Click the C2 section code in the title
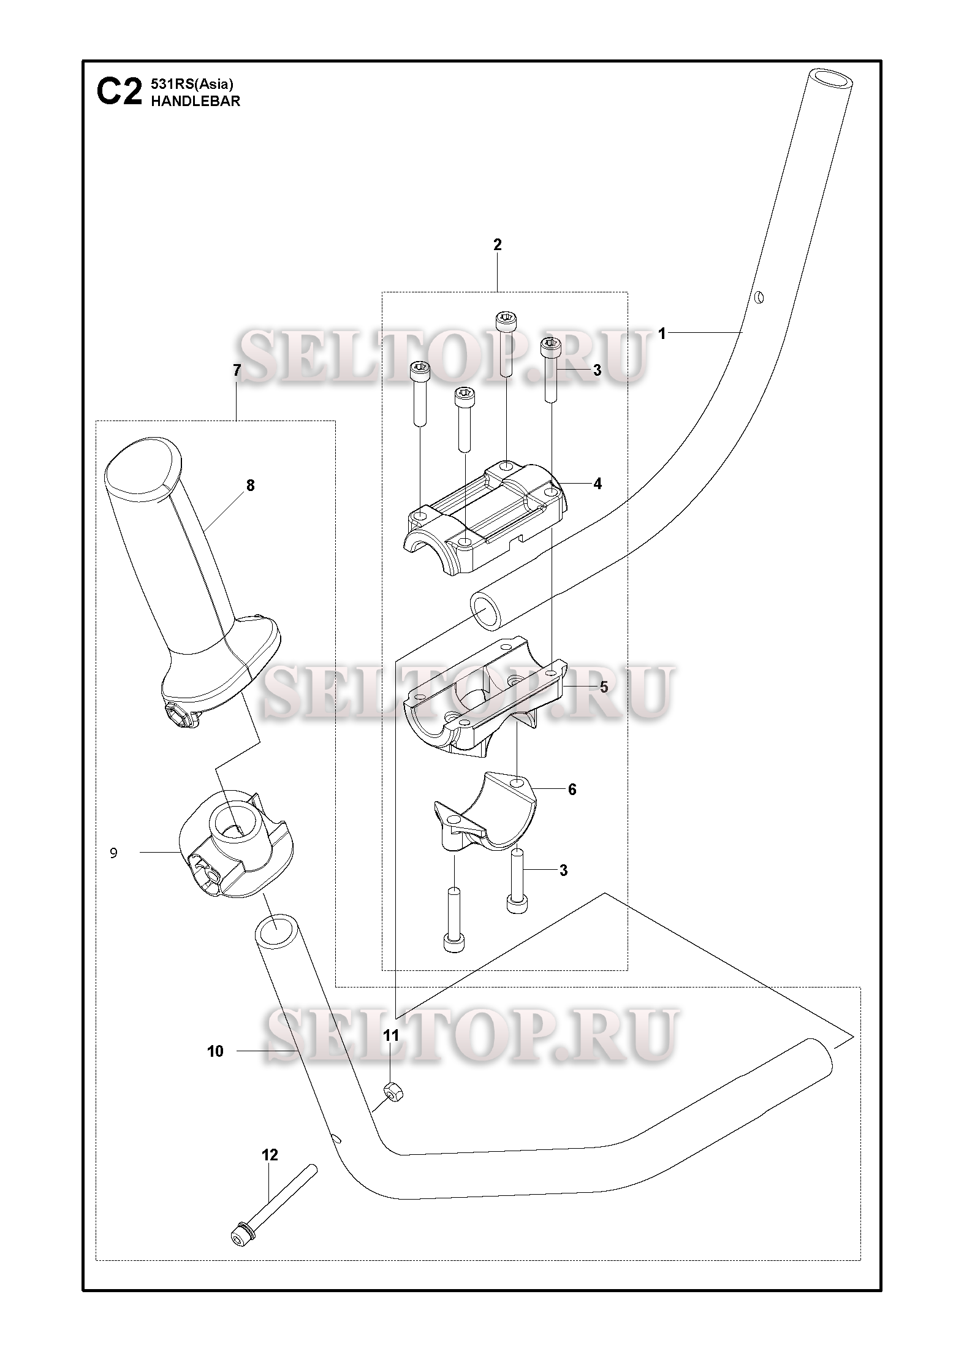coord(120,93)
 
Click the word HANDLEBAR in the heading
coord(195,102)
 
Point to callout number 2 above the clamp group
coord(497,245)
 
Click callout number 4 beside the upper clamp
coord(597,484)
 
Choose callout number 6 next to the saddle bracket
coord(572,790)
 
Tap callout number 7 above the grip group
coord(237,370)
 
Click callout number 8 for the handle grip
coord(250,485)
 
